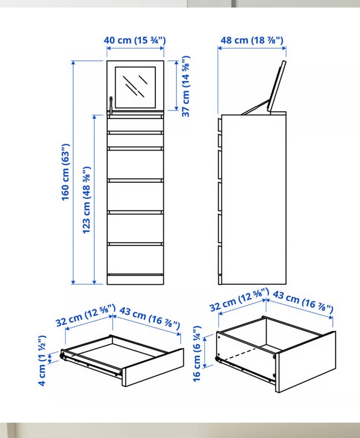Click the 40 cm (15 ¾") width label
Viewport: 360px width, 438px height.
pyautogui.click(x=135, y=40)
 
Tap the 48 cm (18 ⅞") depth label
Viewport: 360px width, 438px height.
pyautogui.click(x=252, y=40)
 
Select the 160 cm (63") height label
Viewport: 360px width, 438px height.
pyautogui.click(x=65, y=172)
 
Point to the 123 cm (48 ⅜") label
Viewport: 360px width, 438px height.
pyautogui.click(x=86, y=200)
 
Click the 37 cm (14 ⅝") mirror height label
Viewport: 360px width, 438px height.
pyautogui.click(x=186, y=86)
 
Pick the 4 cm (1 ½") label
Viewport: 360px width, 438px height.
pyautogui.click(x=42, y=360)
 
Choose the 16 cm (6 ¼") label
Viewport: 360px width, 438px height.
pyautogui.click(x=197, y=354)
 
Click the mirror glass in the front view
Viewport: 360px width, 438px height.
pyautogui.click(x=135, y=87)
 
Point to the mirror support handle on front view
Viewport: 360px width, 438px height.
pyautogui.click(x=111, y=106)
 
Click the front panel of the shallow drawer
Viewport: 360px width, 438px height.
pyautogui.click(x=153, y=367)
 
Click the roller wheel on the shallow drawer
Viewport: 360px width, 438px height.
pyautogui.click(x=62, y=356)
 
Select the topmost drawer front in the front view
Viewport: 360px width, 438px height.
pyautogui.click(x=135, y=125)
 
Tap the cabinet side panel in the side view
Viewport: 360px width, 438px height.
pyautogui.click(x=254, y=199)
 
